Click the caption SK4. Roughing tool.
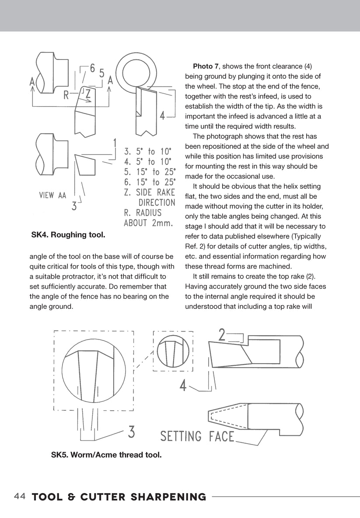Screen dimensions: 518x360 [68, 235]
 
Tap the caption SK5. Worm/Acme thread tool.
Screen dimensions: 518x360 [106, 455]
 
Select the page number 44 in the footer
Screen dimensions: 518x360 [20, 497]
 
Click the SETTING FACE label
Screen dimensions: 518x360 [197, 436]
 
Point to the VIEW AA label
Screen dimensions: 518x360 [52, 196]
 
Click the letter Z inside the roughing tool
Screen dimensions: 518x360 [88, 94]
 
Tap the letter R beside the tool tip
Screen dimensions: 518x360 [66, 95]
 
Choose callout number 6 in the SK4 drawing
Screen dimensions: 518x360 [92, 69]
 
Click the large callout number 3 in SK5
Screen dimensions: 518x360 [131, 432]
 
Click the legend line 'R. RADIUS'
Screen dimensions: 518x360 [143, 213]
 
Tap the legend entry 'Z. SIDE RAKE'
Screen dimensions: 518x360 [150, 192]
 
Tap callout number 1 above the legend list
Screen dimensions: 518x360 [114, 143]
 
